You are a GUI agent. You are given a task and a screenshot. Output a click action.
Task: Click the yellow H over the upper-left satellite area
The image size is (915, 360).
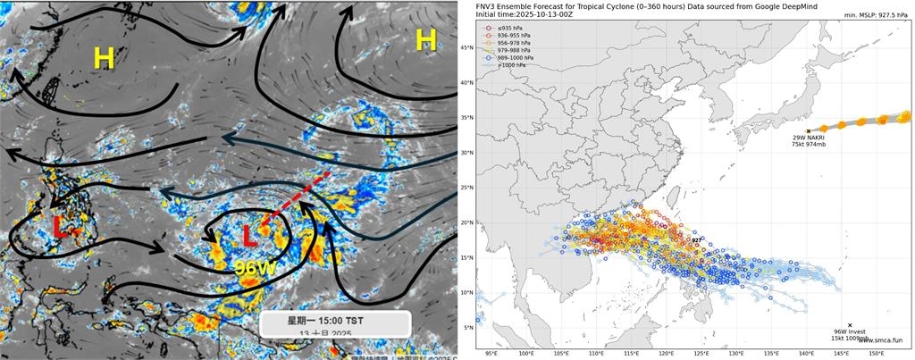coord(105,59)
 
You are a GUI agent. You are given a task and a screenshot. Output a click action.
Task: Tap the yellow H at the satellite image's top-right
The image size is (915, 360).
coord(426,39)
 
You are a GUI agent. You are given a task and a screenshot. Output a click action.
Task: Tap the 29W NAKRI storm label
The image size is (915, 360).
coord(808,139)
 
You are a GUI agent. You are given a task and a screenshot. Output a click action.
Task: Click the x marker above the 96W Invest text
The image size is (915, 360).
coord(849,325)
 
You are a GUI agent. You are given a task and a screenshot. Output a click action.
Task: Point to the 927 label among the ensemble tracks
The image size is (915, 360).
coord(697,239)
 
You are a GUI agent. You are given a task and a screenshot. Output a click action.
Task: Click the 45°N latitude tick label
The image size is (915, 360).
coord(466,47)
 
